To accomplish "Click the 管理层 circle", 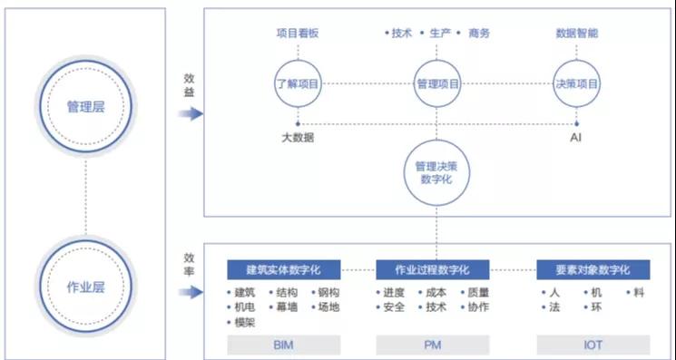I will tap(85, 107).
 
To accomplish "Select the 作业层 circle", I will tap(85, 287).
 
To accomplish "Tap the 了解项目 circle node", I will tap(298, 83).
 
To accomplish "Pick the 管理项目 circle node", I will tap(437, 83).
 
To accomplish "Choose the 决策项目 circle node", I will tap(576, 83).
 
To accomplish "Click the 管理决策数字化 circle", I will tap(437, 172).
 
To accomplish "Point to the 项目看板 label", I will tap(298, 34).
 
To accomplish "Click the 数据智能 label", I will tap(576, 34).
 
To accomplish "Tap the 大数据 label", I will tap(298, 139).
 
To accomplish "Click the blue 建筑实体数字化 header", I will tap(283, 269).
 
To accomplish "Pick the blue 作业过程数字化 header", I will tap(433, 269).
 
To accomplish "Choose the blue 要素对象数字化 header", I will tap(593, 269).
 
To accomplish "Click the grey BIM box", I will tap(283, 345).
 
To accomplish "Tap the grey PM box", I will tap(433, 345).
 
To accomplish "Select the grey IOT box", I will tap(593, 345).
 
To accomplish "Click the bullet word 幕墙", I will tap(288, 307).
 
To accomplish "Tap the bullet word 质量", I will tap(478, 293).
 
